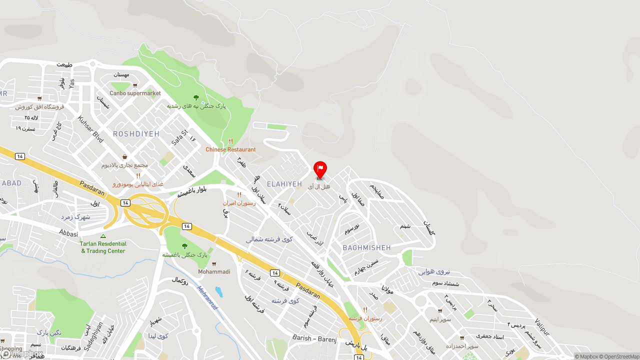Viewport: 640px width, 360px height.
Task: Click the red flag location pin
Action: click(320, 169)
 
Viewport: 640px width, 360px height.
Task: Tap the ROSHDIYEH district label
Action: click(136, 134)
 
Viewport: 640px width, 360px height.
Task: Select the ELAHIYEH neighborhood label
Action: click(284, 184)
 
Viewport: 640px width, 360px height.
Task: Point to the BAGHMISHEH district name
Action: click(366, 247)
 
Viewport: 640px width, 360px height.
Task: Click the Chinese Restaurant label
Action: click(230, 149)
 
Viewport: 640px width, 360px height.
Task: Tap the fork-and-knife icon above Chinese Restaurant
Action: click(230, 141)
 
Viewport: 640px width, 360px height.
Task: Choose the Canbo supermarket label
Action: click(135, 93)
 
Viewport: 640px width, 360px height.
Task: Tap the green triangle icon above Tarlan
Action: click(103, 236)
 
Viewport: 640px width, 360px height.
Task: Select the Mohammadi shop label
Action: click(214, 271)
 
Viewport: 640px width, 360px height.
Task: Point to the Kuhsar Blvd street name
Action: click(90, 129)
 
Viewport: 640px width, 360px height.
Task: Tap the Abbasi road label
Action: click(68, 233)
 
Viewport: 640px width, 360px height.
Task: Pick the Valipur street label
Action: click(542, 327)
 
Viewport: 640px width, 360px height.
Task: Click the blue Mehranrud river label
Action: click(207, 297)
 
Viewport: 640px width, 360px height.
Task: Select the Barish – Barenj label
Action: click(314, 338)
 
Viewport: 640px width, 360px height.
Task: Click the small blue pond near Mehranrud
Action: click(218, 291)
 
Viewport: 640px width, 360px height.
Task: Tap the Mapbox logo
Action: click(22, 354)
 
